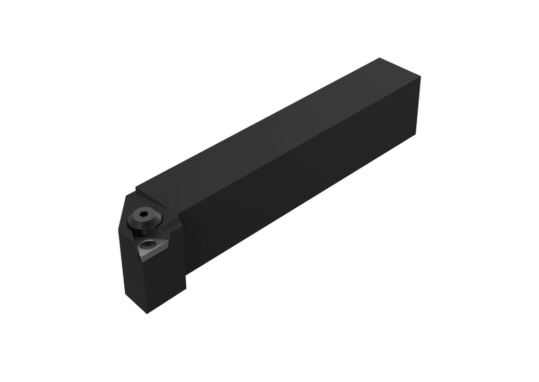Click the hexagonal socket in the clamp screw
[x=143, y=215]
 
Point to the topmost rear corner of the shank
[x=379, y=58]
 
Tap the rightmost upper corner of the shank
[x=421, y=77]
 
